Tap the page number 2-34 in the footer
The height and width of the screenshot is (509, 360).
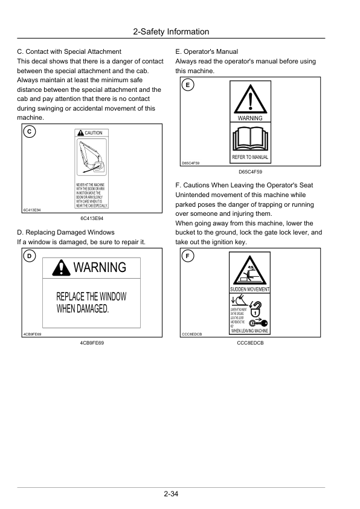point(171,494)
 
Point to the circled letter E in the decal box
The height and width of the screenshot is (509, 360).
point(187,85)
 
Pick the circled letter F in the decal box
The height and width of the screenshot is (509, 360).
point(187,256)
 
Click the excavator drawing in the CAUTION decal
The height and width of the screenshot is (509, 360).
point(91,158)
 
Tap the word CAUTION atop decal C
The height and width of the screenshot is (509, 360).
point(93,133)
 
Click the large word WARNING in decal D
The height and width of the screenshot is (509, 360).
point(99,267)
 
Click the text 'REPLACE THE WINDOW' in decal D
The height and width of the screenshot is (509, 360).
point(91,297)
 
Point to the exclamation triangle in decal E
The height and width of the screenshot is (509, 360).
point(249,99)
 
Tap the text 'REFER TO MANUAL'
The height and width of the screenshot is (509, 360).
point(250,158)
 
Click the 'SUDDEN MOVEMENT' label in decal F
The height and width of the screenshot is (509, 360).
point(250,290)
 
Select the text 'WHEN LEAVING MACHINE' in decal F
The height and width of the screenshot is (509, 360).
point(250,331)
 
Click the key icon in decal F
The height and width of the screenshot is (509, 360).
point(257,323)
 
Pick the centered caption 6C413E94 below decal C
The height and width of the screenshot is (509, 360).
point(92,218)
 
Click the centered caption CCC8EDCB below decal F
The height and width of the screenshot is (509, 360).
point(250,343)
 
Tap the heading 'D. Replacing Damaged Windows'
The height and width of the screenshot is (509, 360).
point(66,232)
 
